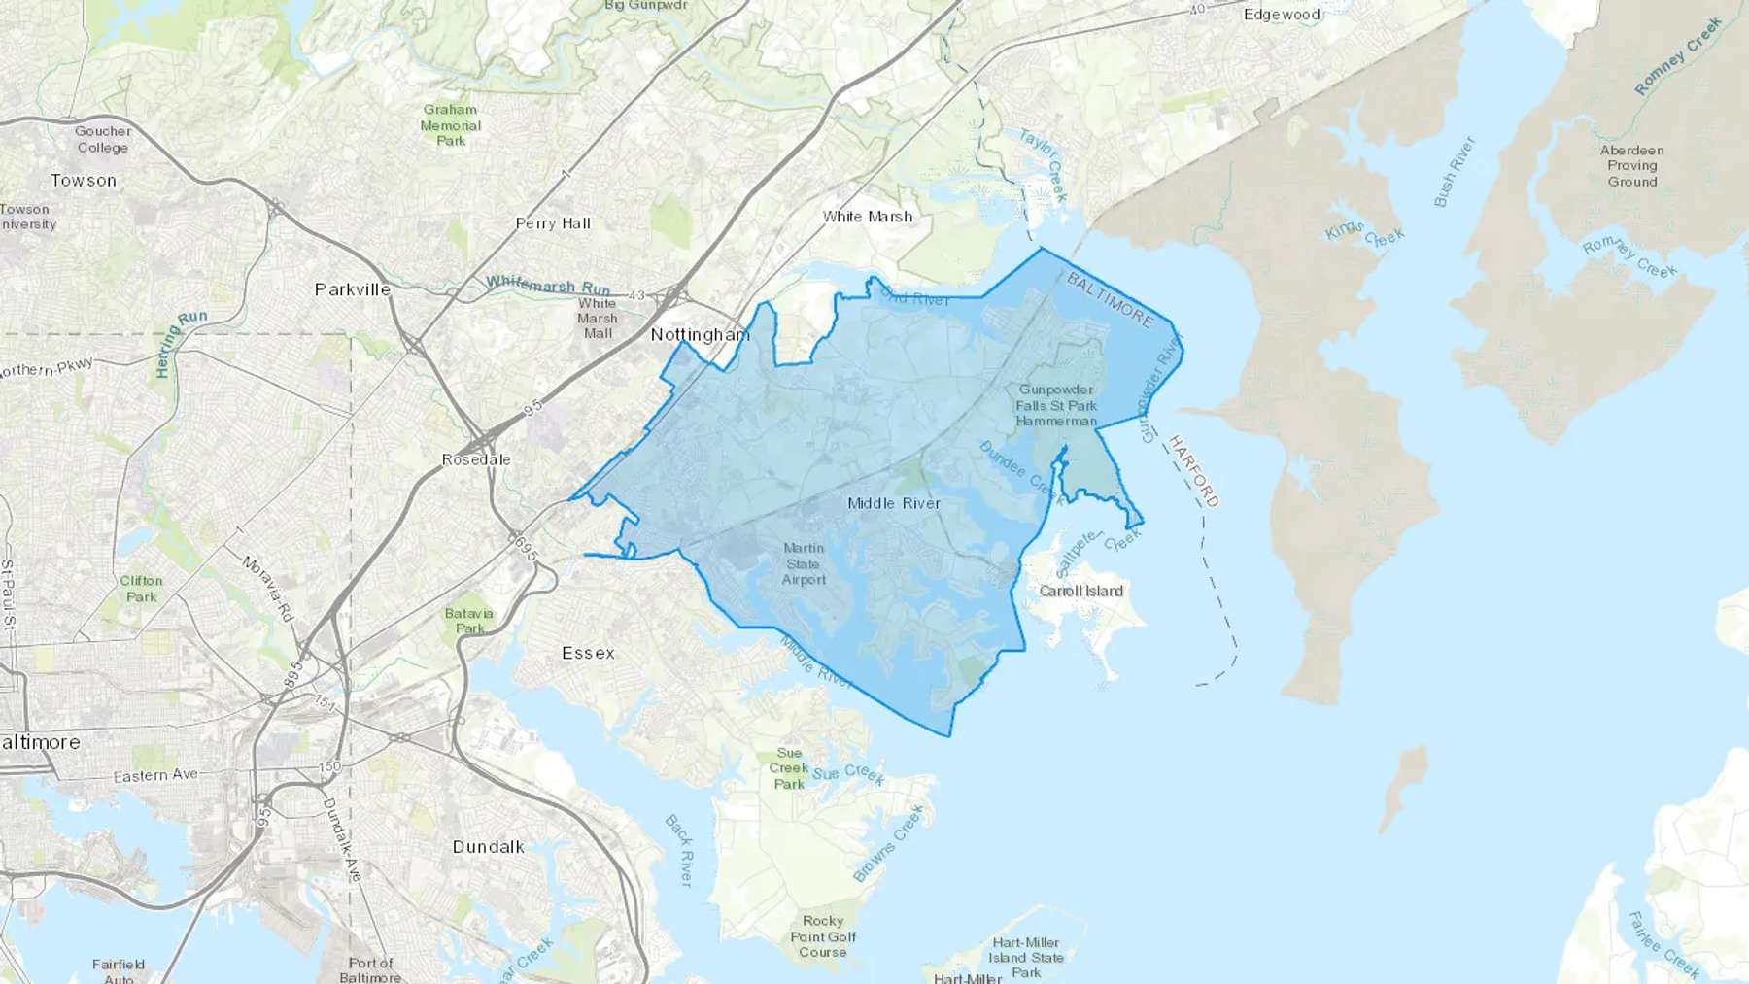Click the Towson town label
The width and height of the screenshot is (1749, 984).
(84, 181)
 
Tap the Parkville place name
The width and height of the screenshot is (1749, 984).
(352, 289)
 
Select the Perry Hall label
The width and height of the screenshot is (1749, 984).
(553, 223)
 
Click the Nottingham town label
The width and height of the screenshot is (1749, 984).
(700, 335)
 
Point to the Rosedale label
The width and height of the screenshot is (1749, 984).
(476, 459)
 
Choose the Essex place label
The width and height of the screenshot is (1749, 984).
(588, 653)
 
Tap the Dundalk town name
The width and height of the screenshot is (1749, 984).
(488, 847)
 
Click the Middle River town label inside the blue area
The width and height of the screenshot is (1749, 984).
(894, 503)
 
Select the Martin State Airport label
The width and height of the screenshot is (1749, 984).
(804, 564)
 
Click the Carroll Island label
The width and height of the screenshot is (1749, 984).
(1080, 591)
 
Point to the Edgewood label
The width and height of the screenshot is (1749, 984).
(1282, 15)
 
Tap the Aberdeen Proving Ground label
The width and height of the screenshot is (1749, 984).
(1631, 166)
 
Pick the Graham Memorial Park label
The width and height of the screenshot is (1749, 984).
(450, 125)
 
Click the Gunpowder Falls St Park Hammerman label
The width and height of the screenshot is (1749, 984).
(1056, 405)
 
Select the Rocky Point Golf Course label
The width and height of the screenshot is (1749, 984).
(823, 936)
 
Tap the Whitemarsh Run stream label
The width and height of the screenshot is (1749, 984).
(548, 285)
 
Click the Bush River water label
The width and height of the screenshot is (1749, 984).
(1454, 172)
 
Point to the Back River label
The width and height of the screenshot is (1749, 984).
(679, 850)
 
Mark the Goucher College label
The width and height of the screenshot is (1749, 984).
(102, 140)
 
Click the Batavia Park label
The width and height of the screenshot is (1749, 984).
(469, 621)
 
